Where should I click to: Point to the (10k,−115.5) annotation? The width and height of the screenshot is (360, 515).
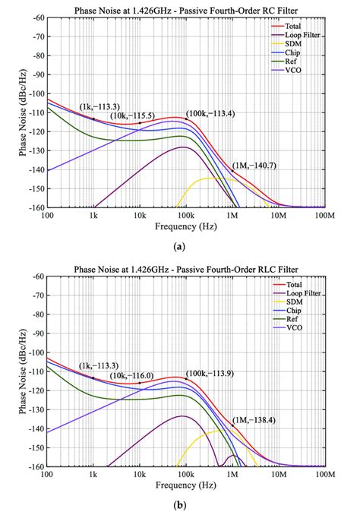(x=134, y=115)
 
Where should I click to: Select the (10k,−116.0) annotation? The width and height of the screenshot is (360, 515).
(x=134, y=375)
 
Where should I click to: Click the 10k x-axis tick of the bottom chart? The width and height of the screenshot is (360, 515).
(x=140, y=474)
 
